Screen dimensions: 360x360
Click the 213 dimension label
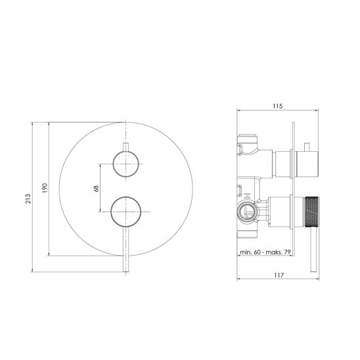pos(28,198)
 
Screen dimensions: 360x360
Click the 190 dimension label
pos(45,188)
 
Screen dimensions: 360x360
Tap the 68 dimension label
pos(96,189)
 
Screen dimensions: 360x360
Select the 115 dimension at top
pos(278,106)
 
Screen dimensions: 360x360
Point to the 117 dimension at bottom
pos(279,275)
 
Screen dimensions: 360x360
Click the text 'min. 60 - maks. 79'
pos(265,252)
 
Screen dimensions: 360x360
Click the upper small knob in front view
pos(126,164)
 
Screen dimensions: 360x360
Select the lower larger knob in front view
pos(126,212)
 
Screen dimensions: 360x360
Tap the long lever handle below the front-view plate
pos(126,250)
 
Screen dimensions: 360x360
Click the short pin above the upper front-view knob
pos(126,147)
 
